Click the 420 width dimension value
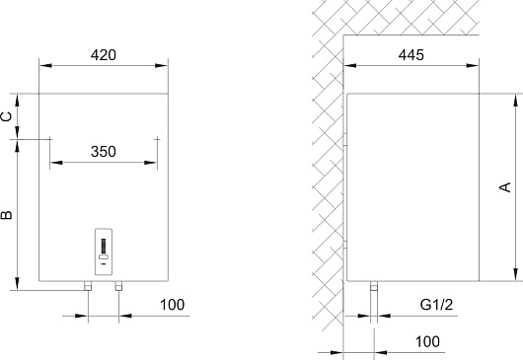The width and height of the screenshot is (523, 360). [104, 55]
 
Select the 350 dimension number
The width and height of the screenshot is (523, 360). [104, 152]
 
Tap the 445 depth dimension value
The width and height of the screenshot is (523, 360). [411, 55]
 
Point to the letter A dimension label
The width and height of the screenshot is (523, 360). [505, 187]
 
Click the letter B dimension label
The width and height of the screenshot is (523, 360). [6, 215]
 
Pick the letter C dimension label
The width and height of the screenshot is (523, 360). [6, 116]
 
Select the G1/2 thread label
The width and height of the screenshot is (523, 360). [436, 305]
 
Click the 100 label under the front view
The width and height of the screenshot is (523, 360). [172, 305]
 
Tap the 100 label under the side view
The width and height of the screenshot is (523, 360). [427, 341]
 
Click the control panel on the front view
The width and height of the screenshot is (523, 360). [104, 252]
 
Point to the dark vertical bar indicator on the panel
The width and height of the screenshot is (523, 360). [104, 246]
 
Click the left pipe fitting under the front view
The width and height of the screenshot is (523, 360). [88, 286]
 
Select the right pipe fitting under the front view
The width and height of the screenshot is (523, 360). [118, 286]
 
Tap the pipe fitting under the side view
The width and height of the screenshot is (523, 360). [374, 286]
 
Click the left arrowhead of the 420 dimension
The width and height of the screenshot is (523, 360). [45, 66]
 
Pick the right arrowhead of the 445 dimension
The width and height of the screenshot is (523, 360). [473, 66]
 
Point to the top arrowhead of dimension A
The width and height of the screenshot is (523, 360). [516, 101]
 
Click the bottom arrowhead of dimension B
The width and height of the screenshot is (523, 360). [18, 284]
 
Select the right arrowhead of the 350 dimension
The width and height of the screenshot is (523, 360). [150, 163]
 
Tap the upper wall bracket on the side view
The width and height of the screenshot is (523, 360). [345, 139]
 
